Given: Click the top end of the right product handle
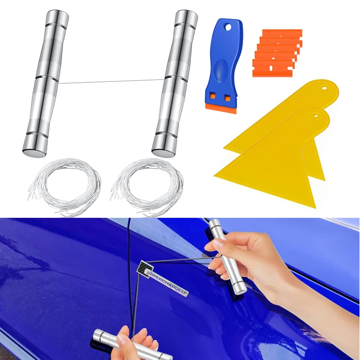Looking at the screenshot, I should click(x=186, y=16).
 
